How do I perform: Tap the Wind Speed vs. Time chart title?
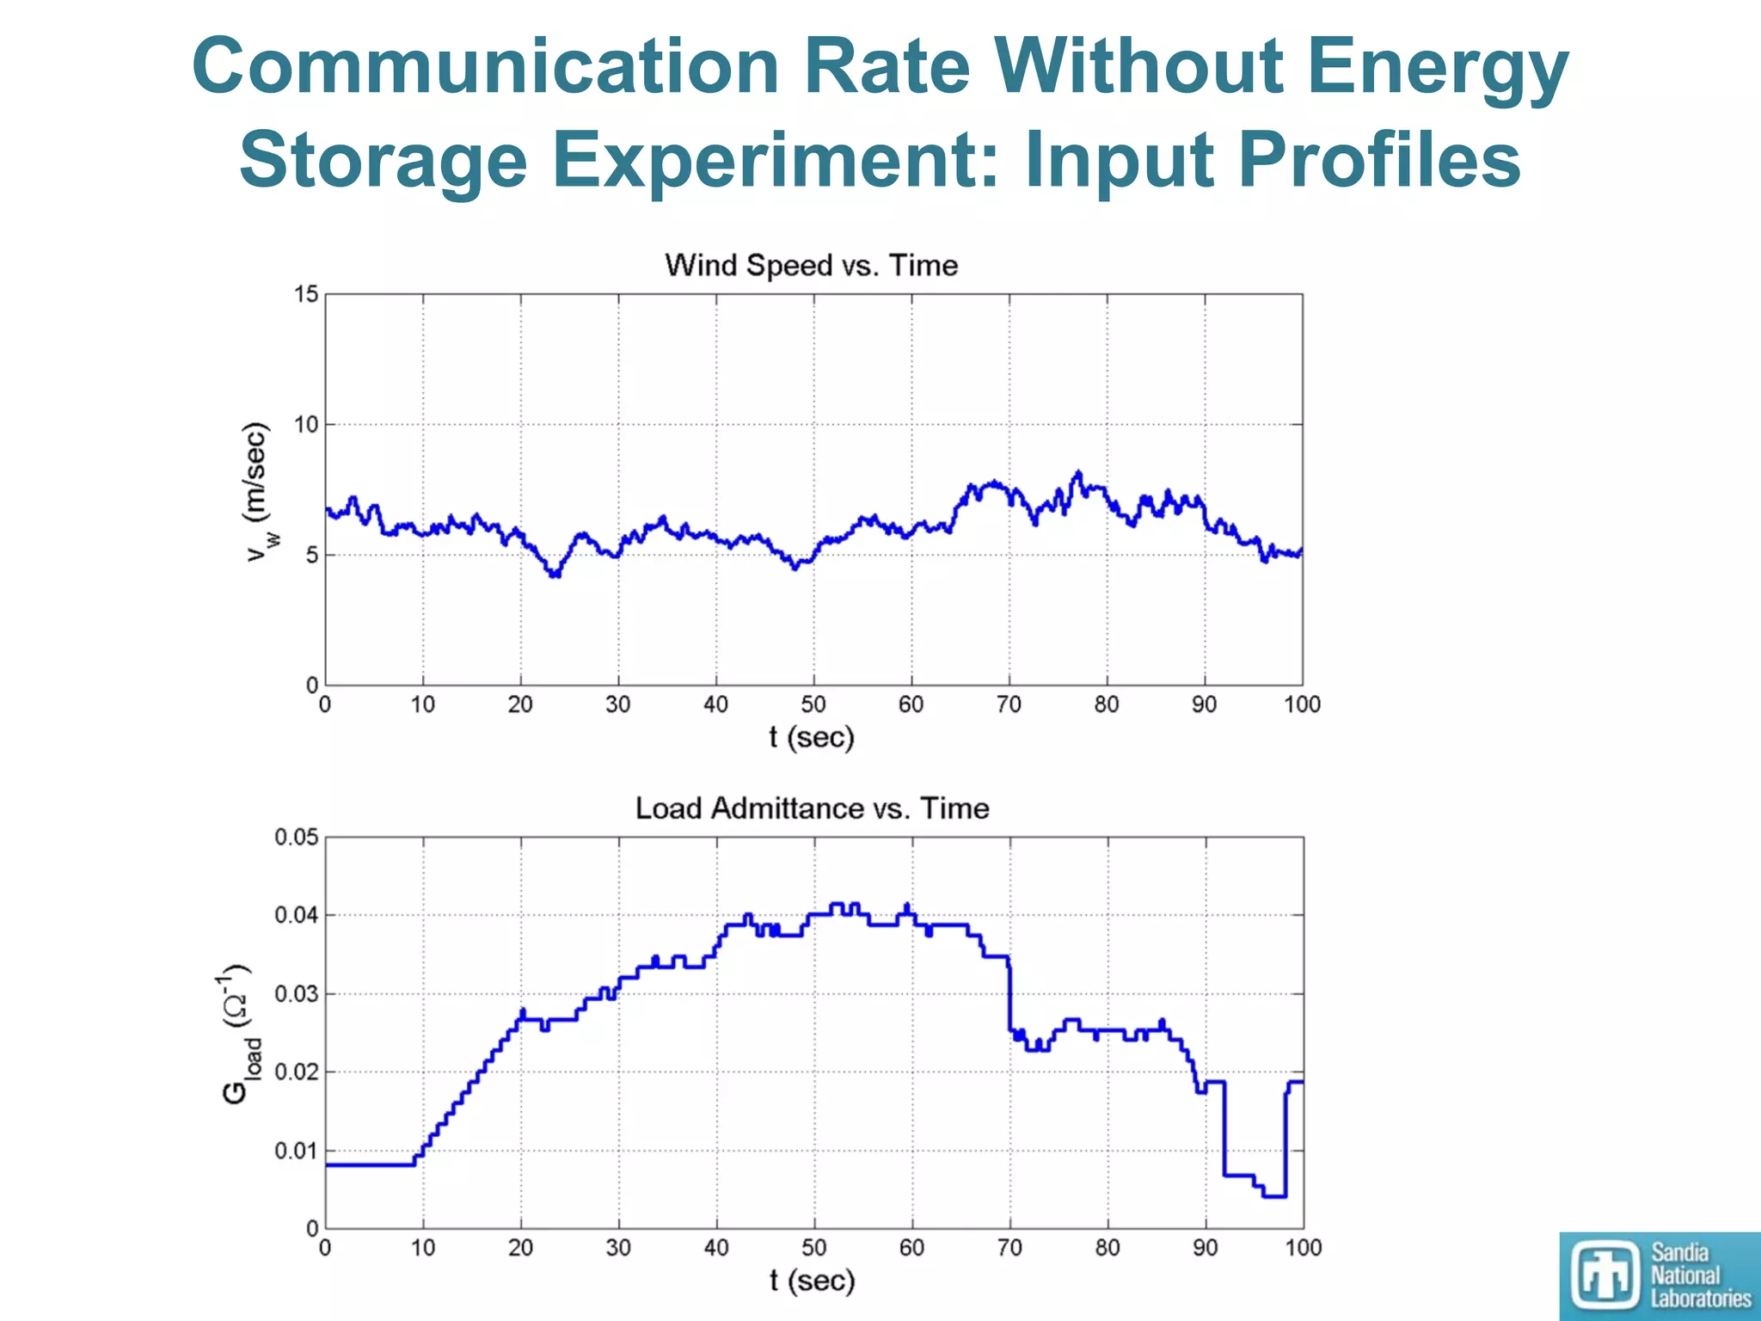[811, 265]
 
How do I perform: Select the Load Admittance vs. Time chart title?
[812, 808]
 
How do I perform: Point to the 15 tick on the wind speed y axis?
[306, 295]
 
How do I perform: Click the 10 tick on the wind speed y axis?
[306, 425]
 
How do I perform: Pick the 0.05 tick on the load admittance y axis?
[296, 838]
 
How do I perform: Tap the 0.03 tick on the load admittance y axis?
[296, 994]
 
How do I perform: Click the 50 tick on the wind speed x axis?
[813, 705]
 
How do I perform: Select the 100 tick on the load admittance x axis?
[1302, 1248]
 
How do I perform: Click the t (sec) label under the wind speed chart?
[812, 738]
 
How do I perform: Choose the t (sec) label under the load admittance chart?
[812, 1281]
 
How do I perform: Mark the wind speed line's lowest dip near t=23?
[555, 574]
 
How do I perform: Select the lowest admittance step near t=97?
[1274, 1196]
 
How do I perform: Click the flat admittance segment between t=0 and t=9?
[370, 1164]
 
